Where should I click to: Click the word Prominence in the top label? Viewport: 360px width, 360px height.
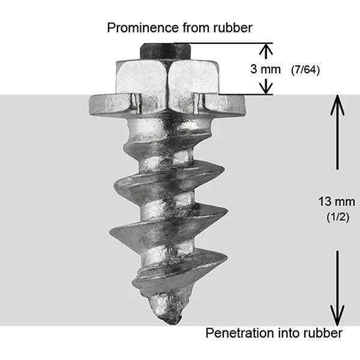tap(135, 28)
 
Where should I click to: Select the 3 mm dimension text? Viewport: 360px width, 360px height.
tap(266, 69)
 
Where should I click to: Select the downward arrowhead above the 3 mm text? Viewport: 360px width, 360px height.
tap(265, 53)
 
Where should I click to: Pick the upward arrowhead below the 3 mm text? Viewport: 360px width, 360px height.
tap(265, 86)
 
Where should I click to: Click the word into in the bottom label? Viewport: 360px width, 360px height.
tap(281, 332)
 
